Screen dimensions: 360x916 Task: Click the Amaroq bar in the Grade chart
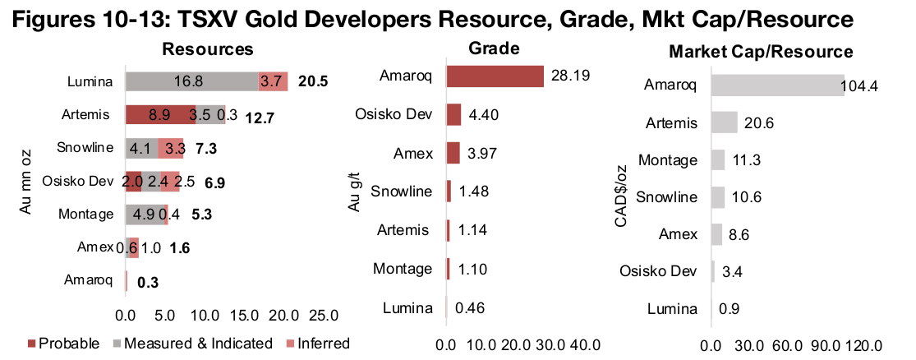click(x=495, y=76)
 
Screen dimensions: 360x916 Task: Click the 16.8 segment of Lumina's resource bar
click(x=191, y=81)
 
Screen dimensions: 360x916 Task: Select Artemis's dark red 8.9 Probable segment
click(x=159, y=114)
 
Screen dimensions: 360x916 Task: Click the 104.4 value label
click(x=863, y=85)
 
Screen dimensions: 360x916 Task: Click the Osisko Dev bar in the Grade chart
click(x=453, y=114)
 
